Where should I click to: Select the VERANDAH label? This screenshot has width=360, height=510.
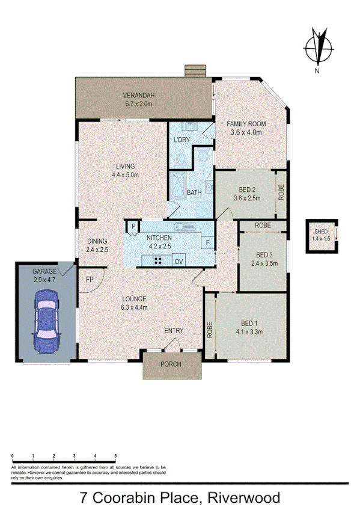[x=139, y=96]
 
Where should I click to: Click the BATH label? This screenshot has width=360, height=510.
[x=194, y=192]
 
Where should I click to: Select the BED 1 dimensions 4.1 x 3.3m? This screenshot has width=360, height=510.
[x=250, y=331]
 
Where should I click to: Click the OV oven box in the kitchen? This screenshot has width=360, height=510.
[x=178, y=261]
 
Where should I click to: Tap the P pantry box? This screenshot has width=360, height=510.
[x=132, y=226]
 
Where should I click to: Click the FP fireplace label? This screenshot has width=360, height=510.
[x=90, y=280]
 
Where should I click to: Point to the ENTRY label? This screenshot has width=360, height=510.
[x=174, y=331]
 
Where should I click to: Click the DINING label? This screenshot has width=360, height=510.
[x=96, y=242]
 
